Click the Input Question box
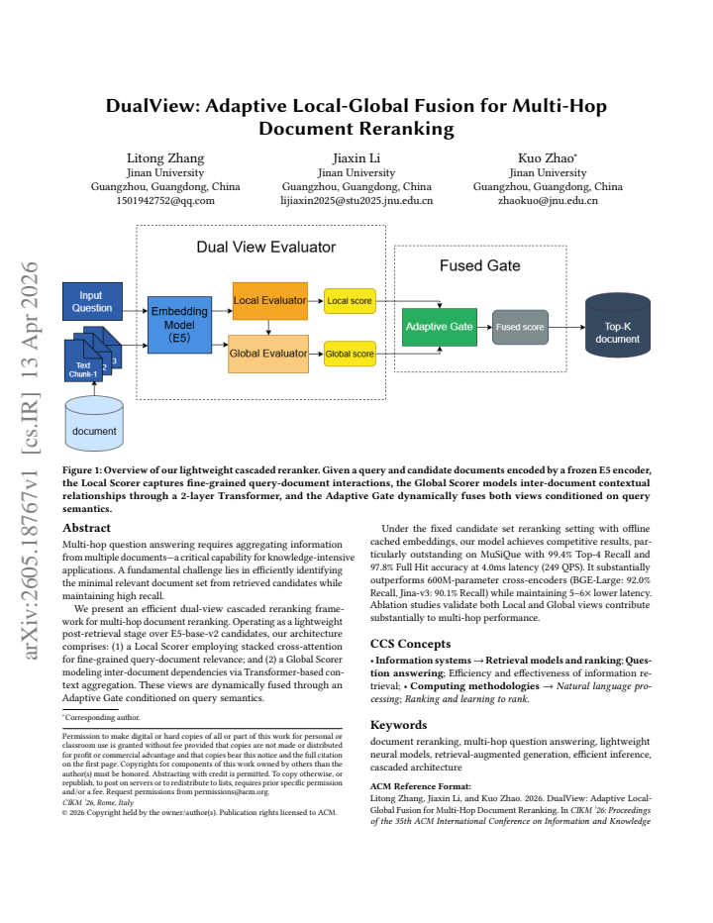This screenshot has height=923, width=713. (92, 301)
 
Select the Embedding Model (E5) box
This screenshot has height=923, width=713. (179, 325)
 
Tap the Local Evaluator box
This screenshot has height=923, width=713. (270, 301)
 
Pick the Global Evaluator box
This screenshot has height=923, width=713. (268, 354)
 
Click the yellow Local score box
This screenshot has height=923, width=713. (350, 301)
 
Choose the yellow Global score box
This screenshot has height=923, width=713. (350, 354)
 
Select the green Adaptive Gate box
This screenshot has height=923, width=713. (440, 327)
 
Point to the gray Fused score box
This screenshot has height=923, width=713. (520, 327)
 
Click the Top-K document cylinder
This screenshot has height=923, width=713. (618, 325)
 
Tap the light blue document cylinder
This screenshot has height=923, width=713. (94, 423)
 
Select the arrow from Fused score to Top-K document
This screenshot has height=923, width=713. (567, 327)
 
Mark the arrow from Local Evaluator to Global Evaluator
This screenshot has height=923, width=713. (268, 328)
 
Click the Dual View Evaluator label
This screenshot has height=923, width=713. (266, 248)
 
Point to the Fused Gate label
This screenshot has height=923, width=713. (480, 266)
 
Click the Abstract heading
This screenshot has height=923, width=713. (86, 528)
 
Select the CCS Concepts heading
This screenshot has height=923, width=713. (410, 644)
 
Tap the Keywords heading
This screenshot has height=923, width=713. (399, 725)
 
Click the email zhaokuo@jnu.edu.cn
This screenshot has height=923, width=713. (548, 201)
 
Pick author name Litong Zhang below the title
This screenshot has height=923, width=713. (165, 158)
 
